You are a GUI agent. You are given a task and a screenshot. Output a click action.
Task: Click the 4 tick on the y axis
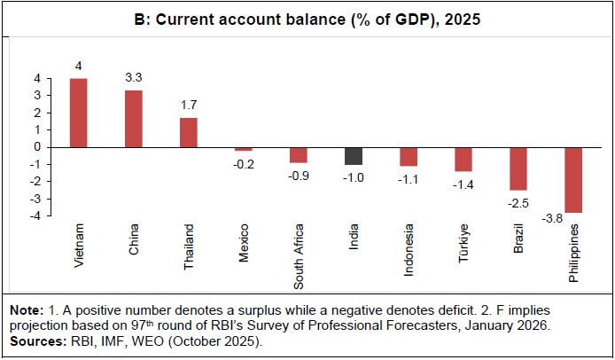37,79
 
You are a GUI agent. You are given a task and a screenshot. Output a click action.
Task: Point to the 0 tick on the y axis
37,146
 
